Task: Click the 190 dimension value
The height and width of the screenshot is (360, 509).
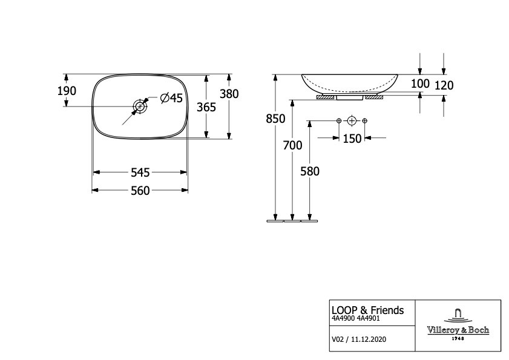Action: click(x=67, y=91)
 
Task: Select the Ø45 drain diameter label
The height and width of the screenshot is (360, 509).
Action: click(x=172, y=97)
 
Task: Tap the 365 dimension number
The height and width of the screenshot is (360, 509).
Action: click(x=206, y=107)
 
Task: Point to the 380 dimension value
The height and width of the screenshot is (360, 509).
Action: click(x=229, y=94)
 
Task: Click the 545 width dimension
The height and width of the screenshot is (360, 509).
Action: click(x=140, y=172)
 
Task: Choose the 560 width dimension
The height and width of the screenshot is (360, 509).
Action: click(x=140, y=191)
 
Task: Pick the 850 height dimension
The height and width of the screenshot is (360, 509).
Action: click(x=275, y=119)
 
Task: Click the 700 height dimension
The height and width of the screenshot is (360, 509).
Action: click(x=292, y=145)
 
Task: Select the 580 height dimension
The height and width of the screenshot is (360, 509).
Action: click(x=310, y=171)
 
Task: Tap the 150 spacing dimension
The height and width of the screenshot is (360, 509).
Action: click(x=352, y=139)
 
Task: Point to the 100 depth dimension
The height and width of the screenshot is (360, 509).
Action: click(x=421, y=83)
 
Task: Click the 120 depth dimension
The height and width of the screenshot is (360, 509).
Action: click(x=444, y=85)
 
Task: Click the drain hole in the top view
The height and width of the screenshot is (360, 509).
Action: click(x=140, y=106)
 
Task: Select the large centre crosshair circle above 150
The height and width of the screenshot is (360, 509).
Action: click(x=352, y=121)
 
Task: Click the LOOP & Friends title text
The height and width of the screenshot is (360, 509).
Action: click(x=368, y=310)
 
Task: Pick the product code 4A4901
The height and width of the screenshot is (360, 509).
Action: click(x=368, y=318)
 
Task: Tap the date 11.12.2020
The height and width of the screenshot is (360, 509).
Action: click(x=369, y=339)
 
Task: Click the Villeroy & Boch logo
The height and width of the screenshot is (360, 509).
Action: click(x=458, y=324)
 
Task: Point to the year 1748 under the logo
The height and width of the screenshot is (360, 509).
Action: click(x=458, y=338)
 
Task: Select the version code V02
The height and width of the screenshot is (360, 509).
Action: click(x=337, y=339)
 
